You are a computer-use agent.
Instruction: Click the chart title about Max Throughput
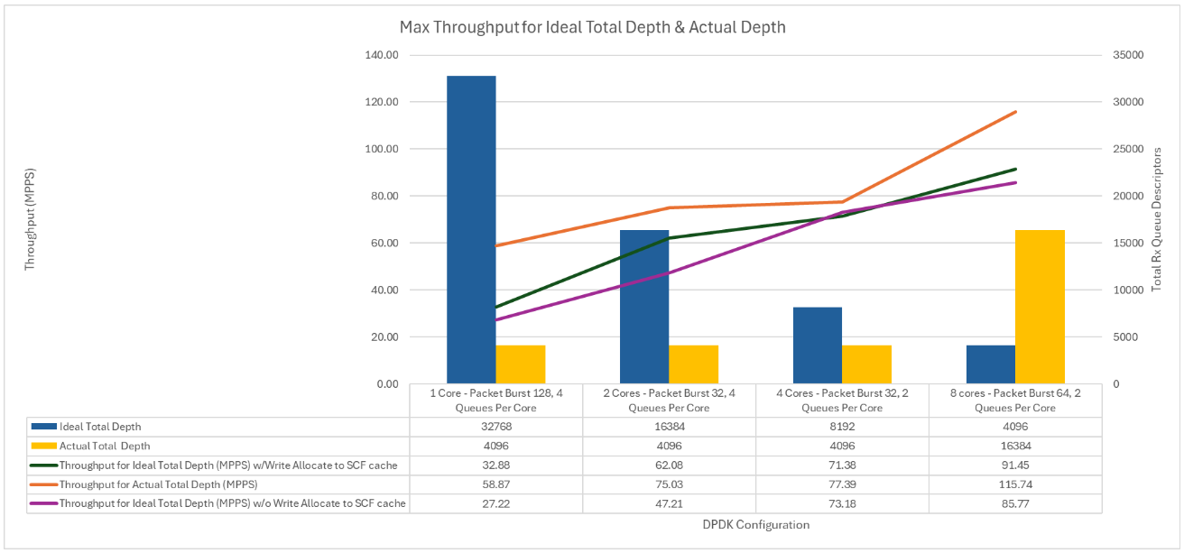pos(592,27)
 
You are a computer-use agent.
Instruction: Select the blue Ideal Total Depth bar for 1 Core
pos(471,230)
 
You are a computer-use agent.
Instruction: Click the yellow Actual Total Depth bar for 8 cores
pos(1040,307)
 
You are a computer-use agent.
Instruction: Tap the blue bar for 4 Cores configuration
pos(817,346)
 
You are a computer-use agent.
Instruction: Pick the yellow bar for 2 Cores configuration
pos(693,364)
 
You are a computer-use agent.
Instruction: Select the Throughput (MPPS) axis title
pos(30,218)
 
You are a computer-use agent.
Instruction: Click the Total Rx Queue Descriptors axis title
pos(1158,218)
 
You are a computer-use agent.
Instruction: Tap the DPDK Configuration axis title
pos(754,524)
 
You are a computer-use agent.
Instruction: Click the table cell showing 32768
pos(495,427)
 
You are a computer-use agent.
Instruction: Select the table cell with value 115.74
pos(1015,484)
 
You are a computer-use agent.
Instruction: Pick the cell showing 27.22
pos(495,503)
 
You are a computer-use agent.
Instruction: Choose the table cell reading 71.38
pos(842,465)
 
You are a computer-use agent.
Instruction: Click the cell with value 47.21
pos(669,503)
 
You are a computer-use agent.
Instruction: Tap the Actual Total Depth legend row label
pos(105,446)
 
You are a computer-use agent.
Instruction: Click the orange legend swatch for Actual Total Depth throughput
pos(42,484)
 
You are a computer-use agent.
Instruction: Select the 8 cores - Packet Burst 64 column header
pos(1015,401)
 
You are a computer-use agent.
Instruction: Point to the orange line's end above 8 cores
pos(1016,112)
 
